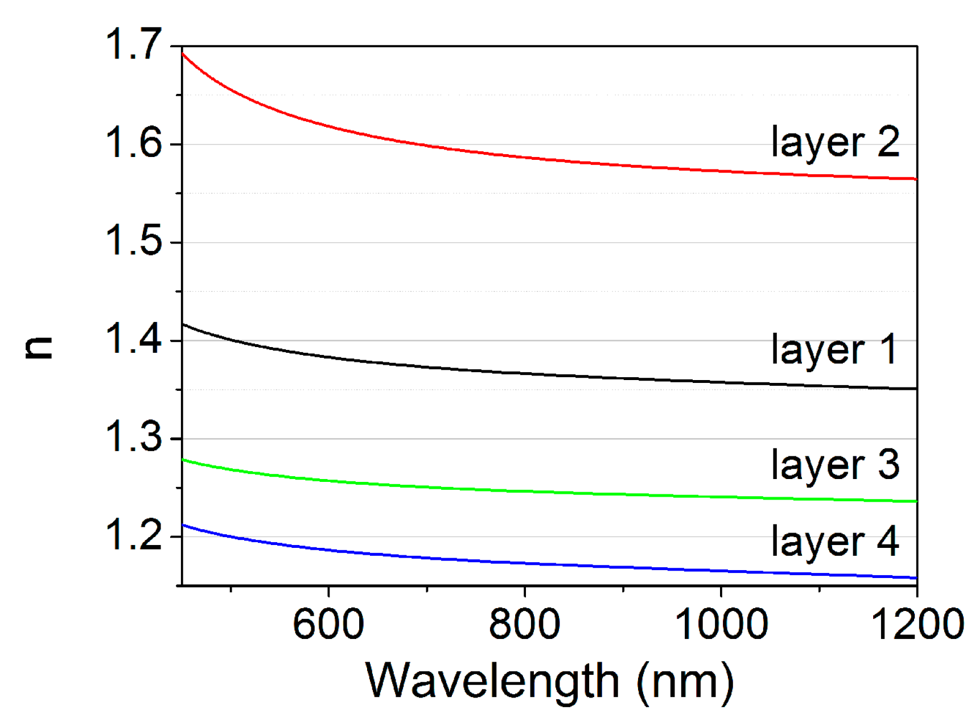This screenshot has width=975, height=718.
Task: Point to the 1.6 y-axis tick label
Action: click(134, 143)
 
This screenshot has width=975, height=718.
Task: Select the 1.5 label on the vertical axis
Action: click(134, 241)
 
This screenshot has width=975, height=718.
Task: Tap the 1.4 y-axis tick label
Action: click(134, 339)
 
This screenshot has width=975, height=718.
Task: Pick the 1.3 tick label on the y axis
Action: click(134, 437)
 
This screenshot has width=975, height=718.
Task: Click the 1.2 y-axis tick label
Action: click(134, 535)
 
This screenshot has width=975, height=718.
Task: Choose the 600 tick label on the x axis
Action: click(328, 624)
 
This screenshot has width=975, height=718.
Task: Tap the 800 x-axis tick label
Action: click(524, 624)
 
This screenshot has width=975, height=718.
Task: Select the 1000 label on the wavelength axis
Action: click(721, 624)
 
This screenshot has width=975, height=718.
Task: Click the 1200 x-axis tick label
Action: click(917, 624)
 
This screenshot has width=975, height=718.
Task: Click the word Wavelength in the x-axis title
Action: click(492, 681)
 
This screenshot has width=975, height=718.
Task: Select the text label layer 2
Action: click(834, 142)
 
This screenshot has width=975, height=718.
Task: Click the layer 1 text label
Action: click(834, 350)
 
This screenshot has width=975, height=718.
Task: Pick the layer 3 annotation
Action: click(834, 465)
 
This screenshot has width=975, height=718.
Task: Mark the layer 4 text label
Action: click(834, 542)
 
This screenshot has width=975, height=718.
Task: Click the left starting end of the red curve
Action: click(183, 54)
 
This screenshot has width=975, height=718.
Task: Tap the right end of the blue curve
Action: click(916, 578)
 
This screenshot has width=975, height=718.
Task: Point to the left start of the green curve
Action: click(183, 460)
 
